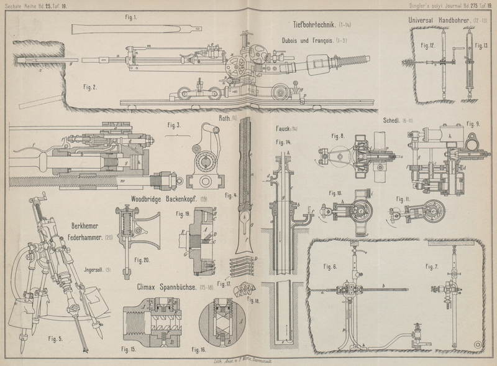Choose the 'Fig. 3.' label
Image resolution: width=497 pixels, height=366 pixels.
[175, 124]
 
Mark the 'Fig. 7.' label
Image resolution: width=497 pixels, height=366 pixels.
[432, 266]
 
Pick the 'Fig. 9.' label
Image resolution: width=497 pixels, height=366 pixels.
[473, 123]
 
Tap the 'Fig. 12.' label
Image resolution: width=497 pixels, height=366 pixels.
[428, 45]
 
